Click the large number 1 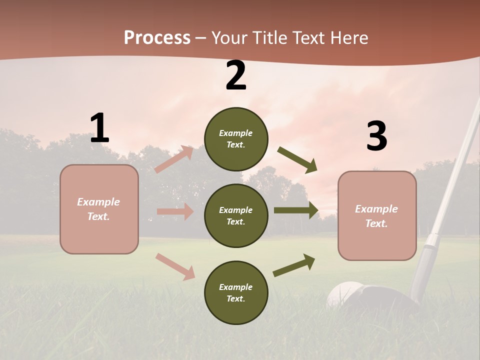(x=99, y=128)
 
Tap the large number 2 (x=236, y=76)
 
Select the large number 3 (x=376, y=136)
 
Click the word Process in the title (x=157, y=37)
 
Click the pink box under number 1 (x=99, y=209)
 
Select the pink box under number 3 (x=377, y=216)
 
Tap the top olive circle (x=236, y=139)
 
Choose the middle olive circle (x=236, y=215)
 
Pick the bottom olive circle (x=236, y=292)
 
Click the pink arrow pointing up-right (x=174, y=159)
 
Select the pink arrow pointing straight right (x=175, y=211)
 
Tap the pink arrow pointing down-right (x=175, y=266)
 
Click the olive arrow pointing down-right (x=297, y=160)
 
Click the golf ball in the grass (x=345, y=295)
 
